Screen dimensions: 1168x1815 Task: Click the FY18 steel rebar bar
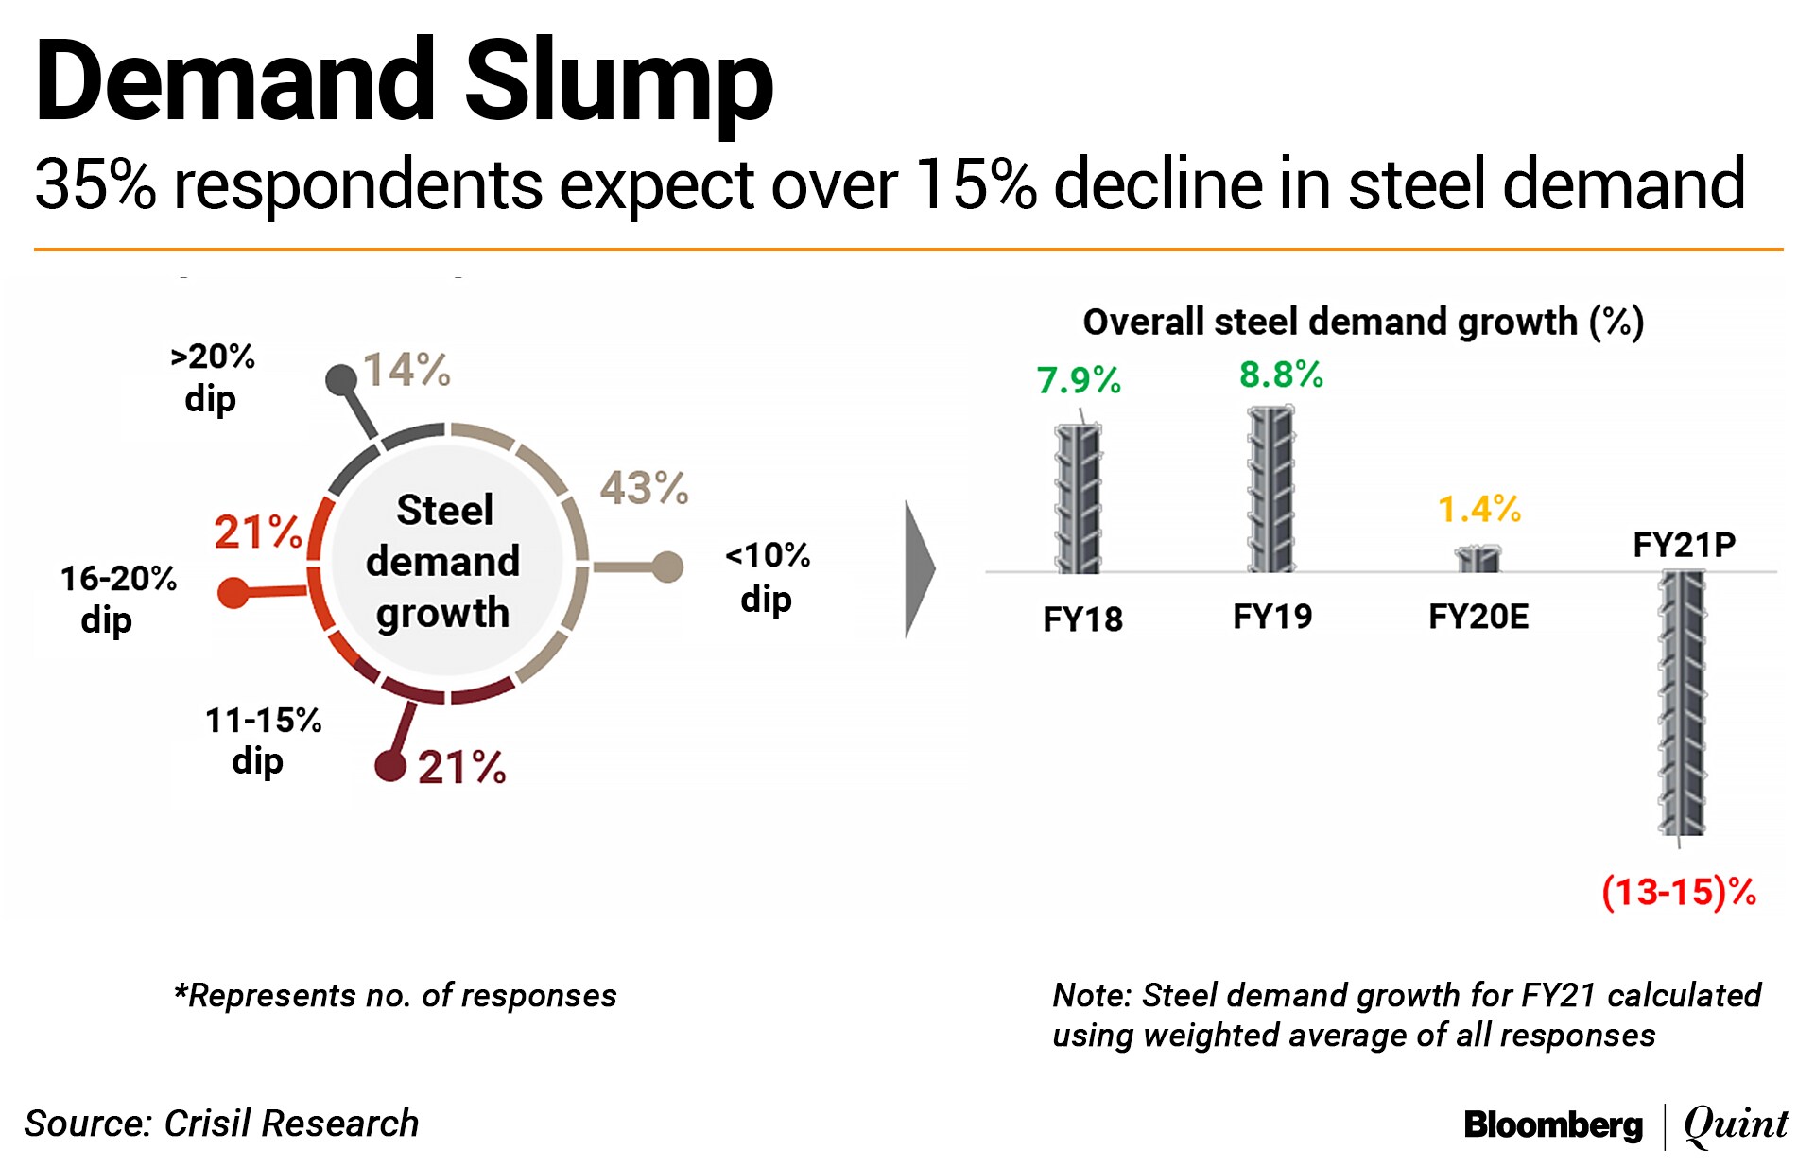1078,498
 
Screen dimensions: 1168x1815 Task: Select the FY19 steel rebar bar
1270,489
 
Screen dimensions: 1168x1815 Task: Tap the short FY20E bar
1478,559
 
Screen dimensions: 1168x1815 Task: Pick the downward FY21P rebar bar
1683,703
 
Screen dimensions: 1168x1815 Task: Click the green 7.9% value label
1079,380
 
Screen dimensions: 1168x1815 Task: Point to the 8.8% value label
1281,375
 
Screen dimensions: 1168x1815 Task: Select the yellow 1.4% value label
1479,510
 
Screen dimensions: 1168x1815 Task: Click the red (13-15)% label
1679,892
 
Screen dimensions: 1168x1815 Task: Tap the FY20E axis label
1478,617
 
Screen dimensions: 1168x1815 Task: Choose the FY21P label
1685,545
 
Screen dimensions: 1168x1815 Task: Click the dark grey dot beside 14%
340,380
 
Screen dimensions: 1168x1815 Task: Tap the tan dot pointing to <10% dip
667,567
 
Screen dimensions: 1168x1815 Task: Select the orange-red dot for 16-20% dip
233,594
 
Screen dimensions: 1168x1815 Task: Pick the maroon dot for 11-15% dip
389,765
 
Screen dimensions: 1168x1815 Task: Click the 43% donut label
644,488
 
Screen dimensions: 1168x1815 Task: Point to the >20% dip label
212,377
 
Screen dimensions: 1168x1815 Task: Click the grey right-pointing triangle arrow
919,569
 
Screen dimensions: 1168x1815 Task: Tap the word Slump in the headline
619,83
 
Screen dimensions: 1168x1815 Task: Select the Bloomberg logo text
1553,1124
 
